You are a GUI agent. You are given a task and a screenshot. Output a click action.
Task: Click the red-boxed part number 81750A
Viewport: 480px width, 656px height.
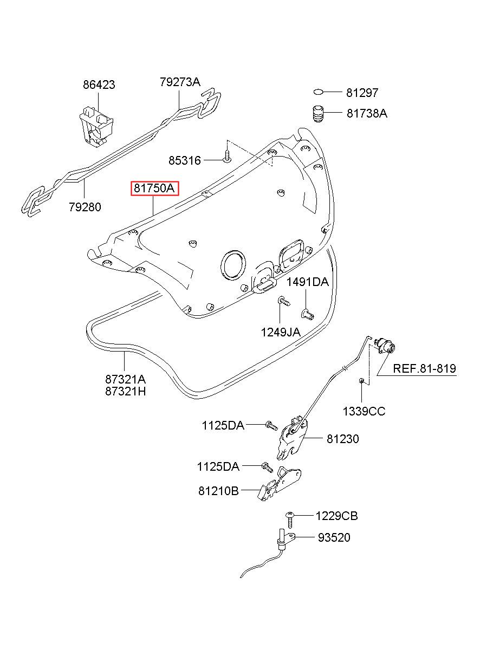tap(154, 188)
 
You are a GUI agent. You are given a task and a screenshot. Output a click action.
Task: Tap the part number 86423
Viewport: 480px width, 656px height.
tap(99, 85)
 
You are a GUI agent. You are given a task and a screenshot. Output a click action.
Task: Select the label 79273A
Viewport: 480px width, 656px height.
tap(180, 82)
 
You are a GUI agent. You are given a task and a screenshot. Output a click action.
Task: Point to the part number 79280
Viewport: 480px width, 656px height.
tap(85, 207)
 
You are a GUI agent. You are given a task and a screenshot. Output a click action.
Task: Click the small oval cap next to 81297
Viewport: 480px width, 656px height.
tap(318, 92)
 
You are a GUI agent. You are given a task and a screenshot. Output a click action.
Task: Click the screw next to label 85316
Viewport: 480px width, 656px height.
tap(227, 157)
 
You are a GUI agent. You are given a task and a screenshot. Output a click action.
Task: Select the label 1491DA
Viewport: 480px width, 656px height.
tap(307, 282)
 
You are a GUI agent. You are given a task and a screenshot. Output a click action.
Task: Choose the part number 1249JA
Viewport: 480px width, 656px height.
tap(280, 332)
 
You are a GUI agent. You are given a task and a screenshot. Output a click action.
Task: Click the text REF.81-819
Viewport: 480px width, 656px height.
tap(424, 368)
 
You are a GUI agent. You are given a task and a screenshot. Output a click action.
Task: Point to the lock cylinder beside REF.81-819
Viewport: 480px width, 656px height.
tap(385, 345)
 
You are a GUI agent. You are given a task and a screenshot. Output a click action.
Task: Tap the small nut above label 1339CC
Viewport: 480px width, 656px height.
tap(361, 380)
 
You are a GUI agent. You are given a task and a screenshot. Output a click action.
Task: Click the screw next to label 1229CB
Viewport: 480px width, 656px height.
tap(290, 519)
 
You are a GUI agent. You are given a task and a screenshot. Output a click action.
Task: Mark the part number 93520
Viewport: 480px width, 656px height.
tap(334, 537)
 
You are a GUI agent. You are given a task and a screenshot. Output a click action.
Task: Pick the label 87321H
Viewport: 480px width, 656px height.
tap(125, 392)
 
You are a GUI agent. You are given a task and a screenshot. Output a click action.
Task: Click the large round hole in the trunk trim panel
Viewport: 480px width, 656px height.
tap(233, 265)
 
